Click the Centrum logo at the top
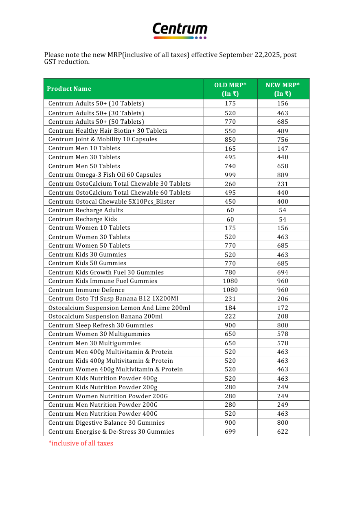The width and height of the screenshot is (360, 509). (180, 31)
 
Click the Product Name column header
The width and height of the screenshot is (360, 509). (69, 89)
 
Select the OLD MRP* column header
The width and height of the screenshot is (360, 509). (230, 89)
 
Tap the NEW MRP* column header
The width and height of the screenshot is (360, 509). (283, 89)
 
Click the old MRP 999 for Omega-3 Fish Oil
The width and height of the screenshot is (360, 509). (230, 175)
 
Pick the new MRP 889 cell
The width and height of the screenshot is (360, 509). (283, 175)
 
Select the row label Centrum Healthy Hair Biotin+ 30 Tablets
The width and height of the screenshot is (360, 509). (108, 131)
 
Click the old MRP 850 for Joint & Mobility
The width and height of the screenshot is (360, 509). (230, 140)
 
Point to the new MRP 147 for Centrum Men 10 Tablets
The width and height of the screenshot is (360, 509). (283, 149)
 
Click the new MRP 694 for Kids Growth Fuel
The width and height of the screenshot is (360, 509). (283, 272)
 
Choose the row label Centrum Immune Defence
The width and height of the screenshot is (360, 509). (87, 290)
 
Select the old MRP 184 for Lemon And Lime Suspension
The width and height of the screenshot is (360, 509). (230, 308)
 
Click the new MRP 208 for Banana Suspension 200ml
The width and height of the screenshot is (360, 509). (283, 316)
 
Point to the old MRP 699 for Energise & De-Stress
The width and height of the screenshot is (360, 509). (230, 432)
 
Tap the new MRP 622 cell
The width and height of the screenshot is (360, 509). (283, 432)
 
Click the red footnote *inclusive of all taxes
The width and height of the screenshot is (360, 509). (81, 443)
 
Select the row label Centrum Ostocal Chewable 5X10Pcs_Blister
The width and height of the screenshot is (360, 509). (112, 202)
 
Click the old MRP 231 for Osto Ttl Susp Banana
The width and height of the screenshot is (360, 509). (230, 299)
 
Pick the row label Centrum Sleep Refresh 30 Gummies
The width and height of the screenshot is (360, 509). (101, 325)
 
